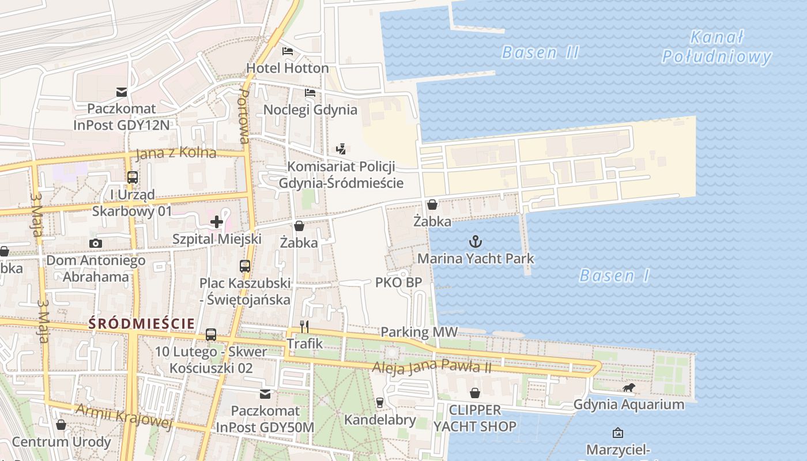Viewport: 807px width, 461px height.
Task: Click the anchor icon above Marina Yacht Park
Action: pyautogui.click(x=476, y=241)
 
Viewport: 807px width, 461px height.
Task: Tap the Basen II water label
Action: pyautogui.click(x=540, y=52)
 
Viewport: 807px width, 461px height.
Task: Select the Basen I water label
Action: pyautogui.click(x=614, y=275)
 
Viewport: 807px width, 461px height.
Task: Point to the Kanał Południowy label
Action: pyautogui.click(x=716, y=47)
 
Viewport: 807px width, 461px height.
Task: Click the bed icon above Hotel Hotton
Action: pyautogui.click(x=287, y=51)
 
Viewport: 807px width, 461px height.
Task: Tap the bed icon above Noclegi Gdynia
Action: pyautogui.click(x=310, y=93)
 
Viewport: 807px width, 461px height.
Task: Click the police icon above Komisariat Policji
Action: pyautogui.click(x=341, y=149)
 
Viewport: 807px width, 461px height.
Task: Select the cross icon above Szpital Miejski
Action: pyautogui.click(x=217, y=222)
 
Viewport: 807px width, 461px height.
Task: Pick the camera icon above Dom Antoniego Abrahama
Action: pyautogui.click(x=96, y=243)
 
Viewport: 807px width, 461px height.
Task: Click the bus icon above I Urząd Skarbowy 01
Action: pyautogui.click(x=133, y=177)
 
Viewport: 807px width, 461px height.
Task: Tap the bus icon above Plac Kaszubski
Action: pyautogui.click(x=245, y=266)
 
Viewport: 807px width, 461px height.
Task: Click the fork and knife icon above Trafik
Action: pyautogui.click(x=304, y=327)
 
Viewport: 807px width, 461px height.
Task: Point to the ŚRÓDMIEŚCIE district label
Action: pyautogui.click(x=142, y=324)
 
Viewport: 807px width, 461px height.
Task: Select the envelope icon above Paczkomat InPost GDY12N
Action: pyautogui.click(x=122, y=92)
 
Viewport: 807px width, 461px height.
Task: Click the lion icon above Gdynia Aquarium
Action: pyautogui.click(x=628, y=388)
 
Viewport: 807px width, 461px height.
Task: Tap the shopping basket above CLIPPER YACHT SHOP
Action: pyautogui.click(x=475, y=393)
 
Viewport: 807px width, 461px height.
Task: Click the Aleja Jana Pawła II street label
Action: pyautogui.click(x=432, y=366)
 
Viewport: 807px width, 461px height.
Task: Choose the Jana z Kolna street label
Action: pyautogui.click(x=176, y=153)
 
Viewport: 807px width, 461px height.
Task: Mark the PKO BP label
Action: pyautogui.click(x=398, y=282)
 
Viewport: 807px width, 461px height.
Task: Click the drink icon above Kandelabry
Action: pyautogui.click(x=379, y=402)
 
